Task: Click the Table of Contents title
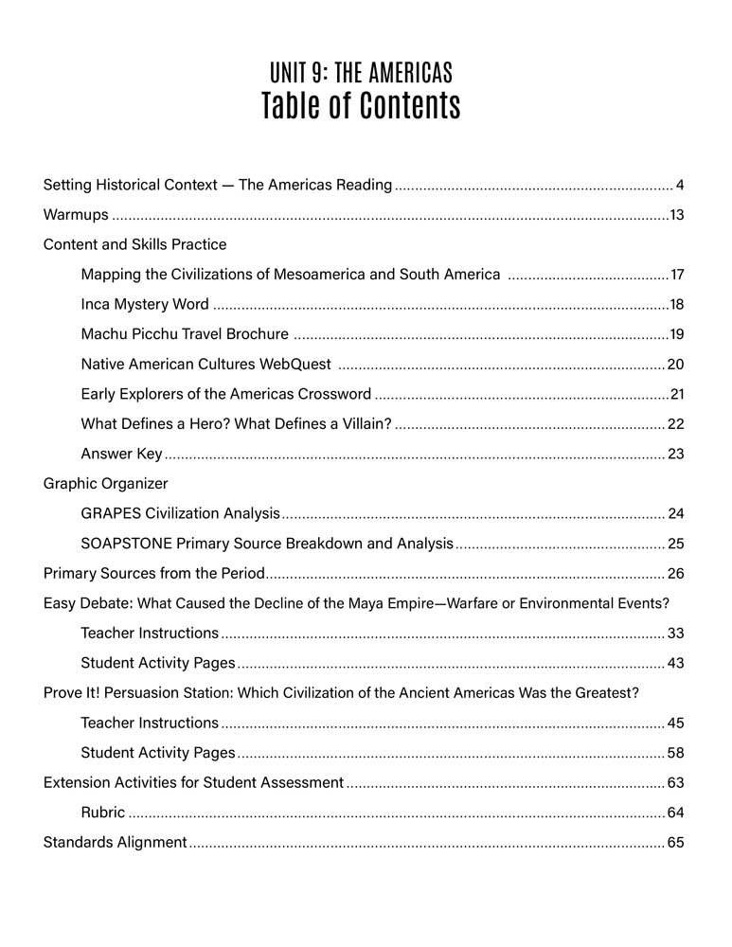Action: [x=361, y=106]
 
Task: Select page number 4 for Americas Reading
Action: [x=680, y=185]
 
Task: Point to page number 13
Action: [x=676, y=215]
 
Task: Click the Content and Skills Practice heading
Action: [x=135, y=244]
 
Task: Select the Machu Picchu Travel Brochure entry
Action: [x=185, y=334]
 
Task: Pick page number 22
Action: [x=675, y=424]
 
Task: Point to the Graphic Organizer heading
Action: [x=106, y=484]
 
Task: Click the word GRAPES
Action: [x=111, y=514]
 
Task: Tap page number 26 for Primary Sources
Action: [x=675, y=574]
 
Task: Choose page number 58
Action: [x=675, y=754]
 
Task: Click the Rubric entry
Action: [x=103, y=813]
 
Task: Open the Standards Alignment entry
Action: [x=115, y=843]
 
